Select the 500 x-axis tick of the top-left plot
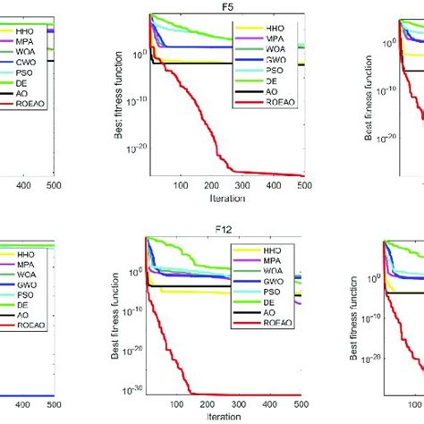55,186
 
